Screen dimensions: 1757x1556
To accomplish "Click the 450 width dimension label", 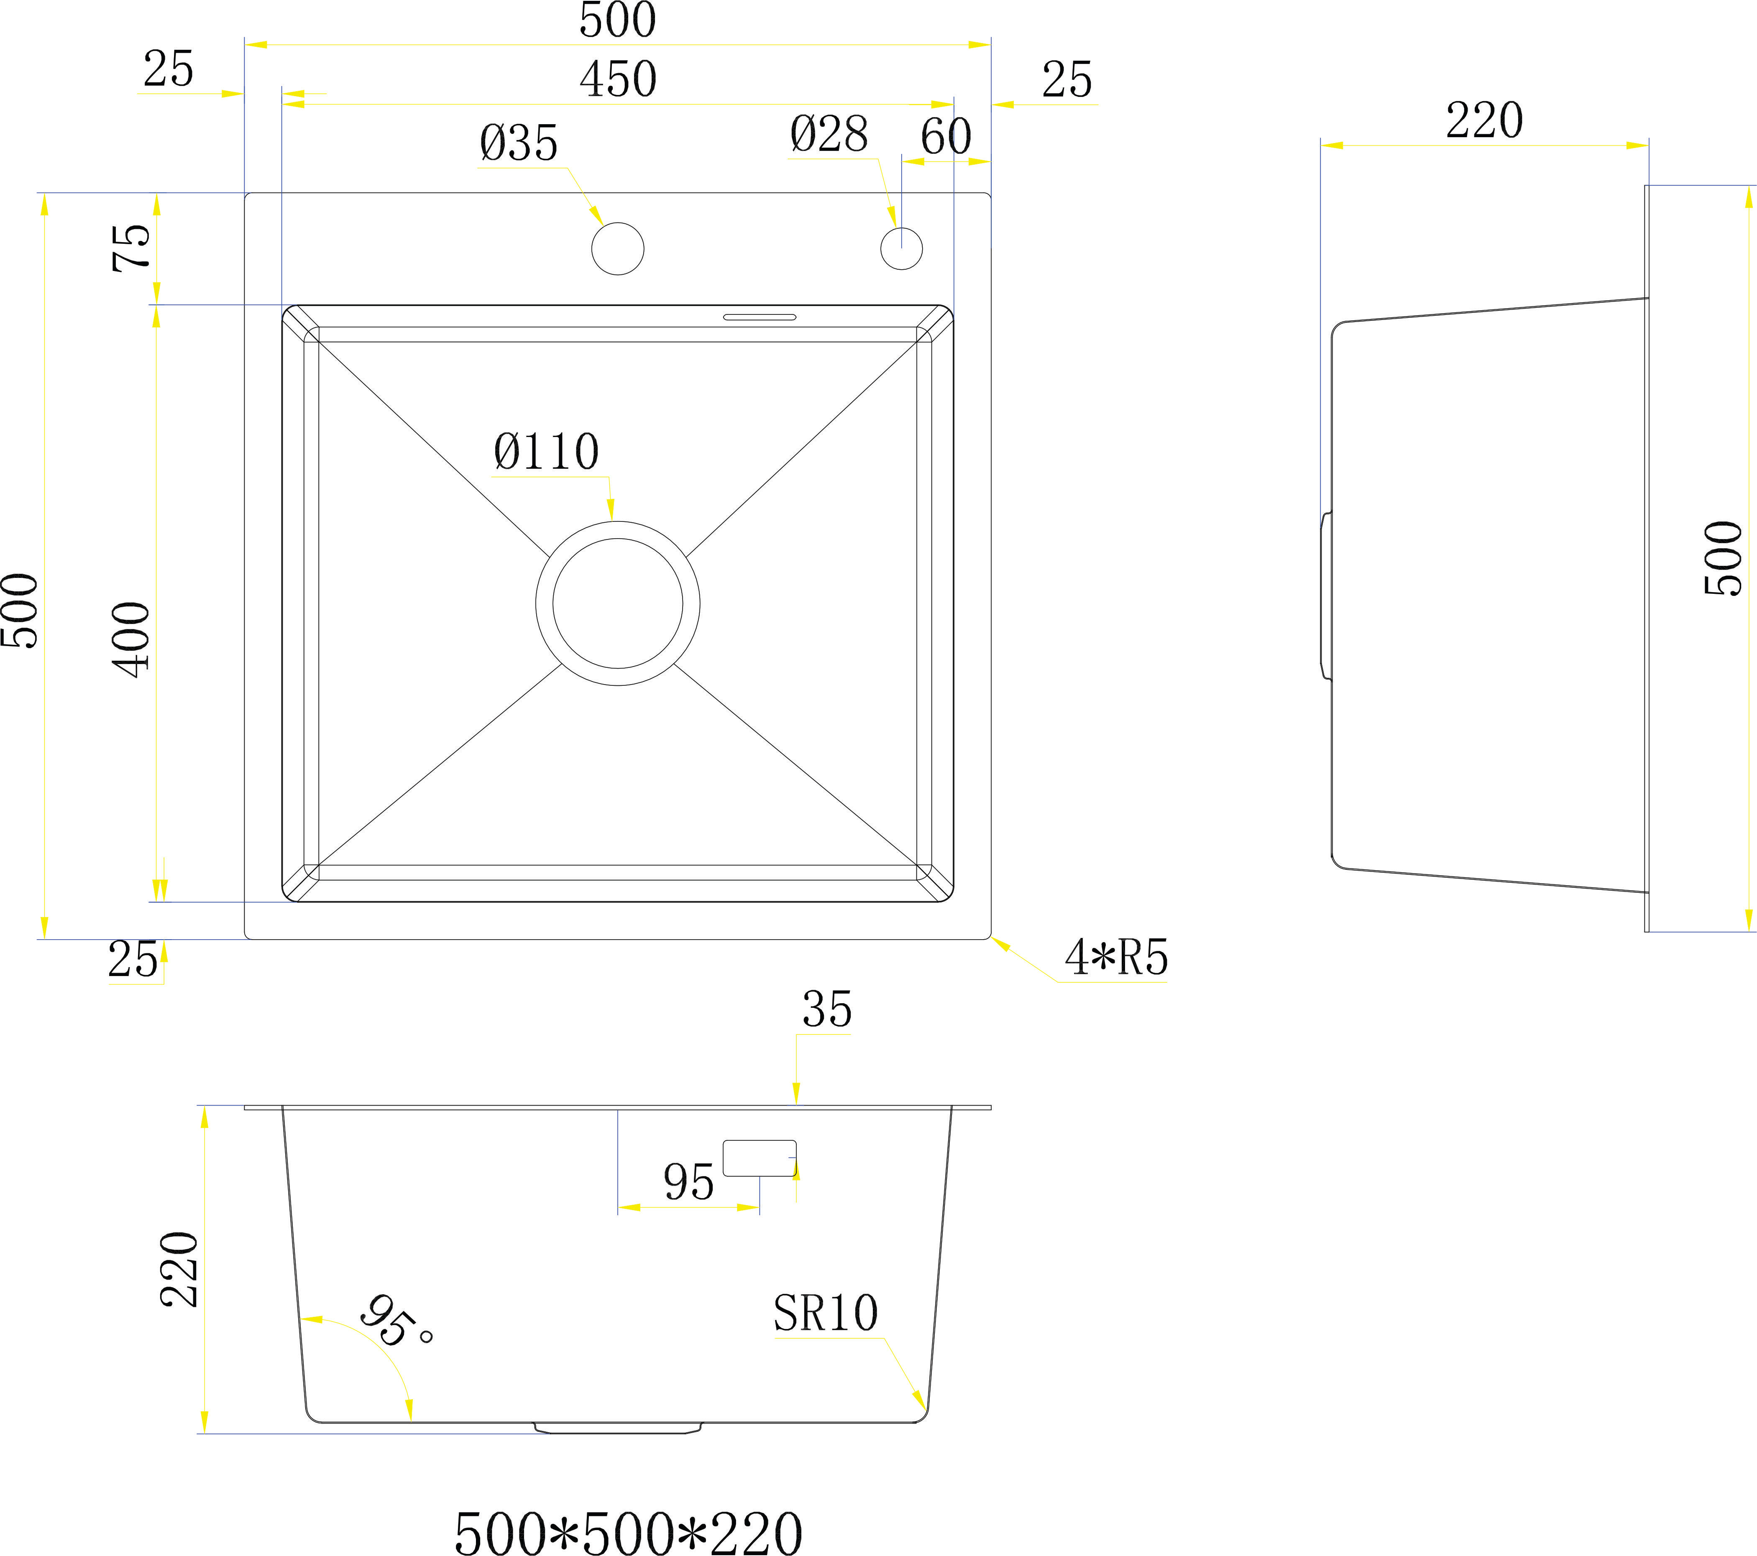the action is pyautogui.click(x=618, y=80).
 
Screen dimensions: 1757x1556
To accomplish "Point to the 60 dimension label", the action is pyautogui.click(x=946, y=136).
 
